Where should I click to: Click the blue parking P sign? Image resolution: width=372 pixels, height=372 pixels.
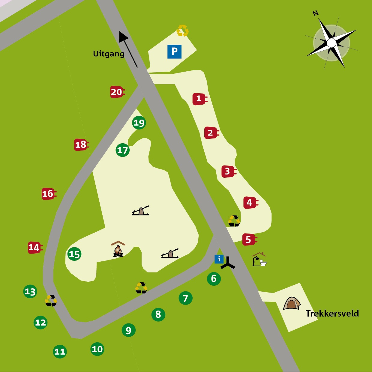tap(174, 52)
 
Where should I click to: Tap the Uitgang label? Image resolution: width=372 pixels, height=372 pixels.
tap(109, 54)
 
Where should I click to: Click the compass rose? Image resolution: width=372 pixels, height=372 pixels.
tap(331, 43)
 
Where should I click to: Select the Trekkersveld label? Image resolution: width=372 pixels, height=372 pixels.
tap(332, 314)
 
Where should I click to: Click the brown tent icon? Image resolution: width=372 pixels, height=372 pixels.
tap(292, 303)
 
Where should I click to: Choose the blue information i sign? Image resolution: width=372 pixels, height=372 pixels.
tap(219, 259)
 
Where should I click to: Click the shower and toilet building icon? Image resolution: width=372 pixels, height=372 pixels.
tap(259, 260)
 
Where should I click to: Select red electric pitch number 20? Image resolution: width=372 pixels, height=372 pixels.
tap(117, 92)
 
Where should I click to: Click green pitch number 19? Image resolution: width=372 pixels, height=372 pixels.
tap(139, 123)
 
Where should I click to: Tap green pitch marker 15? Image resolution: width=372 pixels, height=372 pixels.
tap(74, 254)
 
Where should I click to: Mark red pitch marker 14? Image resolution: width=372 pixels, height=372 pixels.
tap(34, 248)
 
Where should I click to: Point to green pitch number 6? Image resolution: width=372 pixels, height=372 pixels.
tap(214, 279)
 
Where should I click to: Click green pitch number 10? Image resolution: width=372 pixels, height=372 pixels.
tap(97, 349)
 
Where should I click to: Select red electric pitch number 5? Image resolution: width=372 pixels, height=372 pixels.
tap(249, 240)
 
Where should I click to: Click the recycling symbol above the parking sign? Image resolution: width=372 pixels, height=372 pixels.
tap(182, 31)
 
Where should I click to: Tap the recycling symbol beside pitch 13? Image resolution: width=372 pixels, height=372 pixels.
tap(51, 301)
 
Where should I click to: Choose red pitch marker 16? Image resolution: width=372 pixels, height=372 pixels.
tap(48, 194)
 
